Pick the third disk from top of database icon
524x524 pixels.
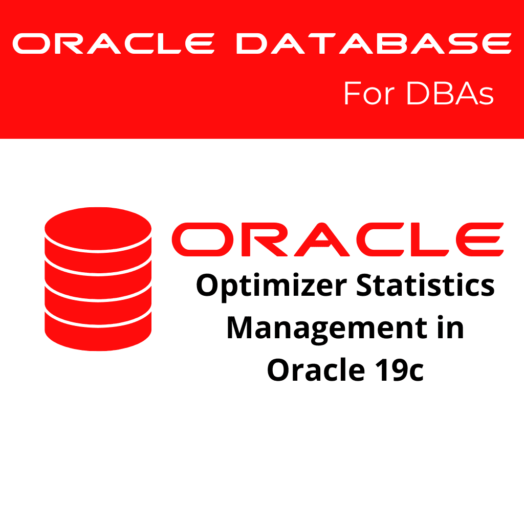coord(98,297)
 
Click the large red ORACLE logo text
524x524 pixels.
coord(337,239)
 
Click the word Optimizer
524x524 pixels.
coord(270,286)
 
